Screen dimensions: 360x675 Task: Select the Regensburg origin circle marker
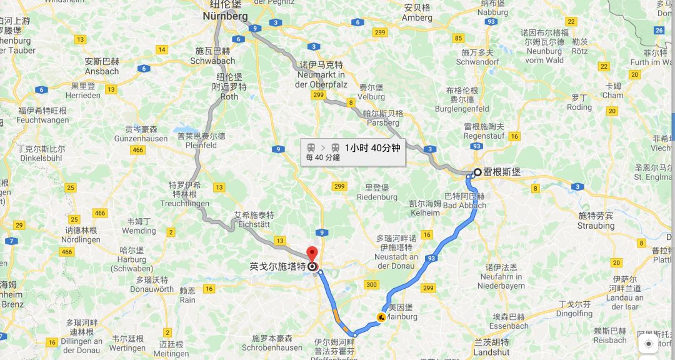(x=477, y=172)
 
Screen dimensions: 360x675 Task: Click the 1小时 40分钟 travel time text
(x=372, y=148)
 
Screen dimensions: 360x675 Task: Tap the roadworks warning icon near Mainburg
(x=382, y=316)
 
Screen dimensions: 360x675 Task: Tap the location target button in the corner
(x=648, y=344)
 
